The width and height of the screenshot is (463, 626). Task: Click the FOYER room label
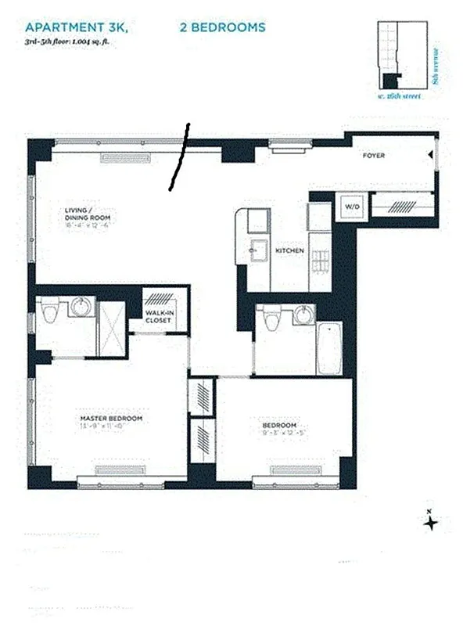point(373,156)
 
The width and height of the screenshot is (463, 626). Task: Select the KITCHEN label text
point(289,250)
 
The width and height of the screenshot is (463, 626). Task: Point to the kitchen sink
point(255,251)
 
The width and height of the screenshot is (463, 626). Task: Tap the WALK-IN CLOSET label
point(164,317)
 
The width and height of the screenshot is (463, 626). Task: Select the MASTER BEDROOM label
point(111,419)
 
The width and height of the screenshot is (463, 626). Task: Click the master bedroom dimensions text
point(111,428)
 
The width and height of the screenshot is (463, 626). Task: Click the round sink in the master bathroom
point(78,307)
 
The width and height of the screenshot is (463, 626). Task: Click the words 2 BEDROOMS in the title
point(222,27)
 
